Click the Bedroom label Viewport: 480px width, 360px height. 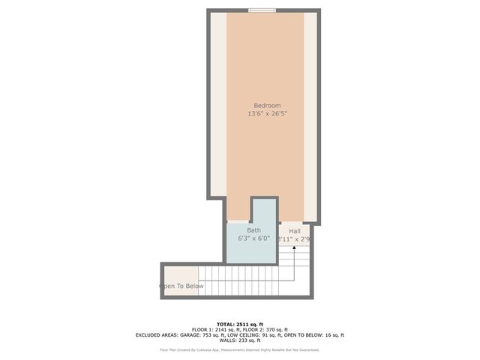tap(267, 106)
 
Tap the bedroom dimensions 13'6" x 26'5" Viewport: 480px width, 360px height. tap(267, 114)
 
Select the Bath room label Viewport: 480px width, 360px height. tap(254, 230)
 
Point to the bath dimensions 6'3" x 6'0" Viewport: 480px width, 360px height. tap(253, 238)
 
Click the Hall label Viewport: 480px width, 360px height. tap(295, 230)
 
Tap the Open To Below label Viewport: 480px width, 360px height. tap(181, 286)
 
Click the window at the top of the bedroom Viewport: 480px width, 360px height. tap(262, 10)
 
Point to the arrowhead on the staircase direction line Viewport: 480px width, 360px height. tap(293, 247)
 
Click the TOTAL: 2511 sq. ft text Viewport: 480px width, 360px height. tap(240, 323)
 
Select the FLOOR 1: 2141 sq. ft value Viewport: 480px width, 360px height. tap(217, 329)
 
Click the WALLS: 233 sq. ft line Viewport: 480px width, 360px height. tap(240, 341)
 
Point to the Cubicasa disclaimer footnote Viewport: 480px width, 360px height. tap(240, 349)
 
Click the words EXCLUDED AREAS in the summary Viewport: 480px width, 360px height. tap(158, 335)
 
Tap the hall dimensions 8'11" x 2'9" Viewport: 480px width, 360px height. tap(294, 239)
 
